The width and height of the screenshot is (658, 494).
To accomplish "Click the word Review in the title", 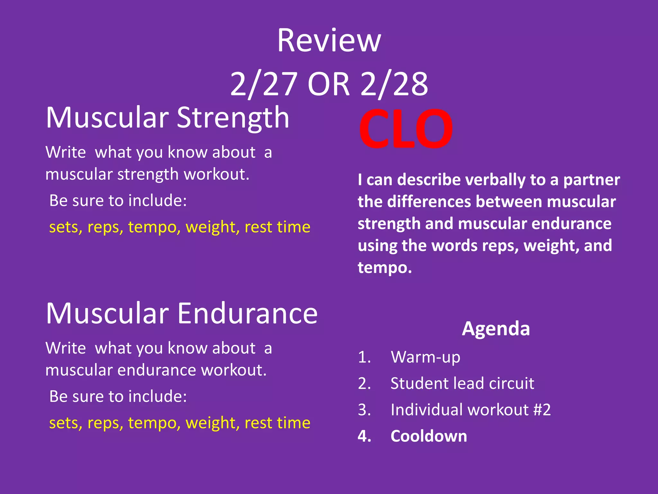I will point(329,41).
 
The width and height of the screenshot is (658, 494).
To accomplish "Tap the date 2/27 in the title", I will point(263,84).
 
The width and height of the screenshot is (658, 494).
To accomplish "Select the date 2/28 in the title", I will point(394,84).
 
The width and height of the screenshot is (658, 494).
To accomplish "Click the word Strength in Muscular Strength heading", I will point(233,118).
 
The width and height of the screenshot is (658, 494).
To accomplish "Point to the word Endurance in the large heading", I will point(247,314).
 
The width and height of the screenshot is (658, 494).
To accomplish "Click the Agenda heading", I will point(496,329).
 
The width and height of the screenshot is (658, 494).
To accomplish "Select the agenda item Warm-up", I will point(425,357).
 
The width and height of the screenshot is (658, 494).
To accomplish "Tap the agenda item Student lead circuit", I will point(462,384).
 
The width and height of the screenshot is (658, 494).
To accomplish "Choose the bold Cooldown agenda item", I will point(429,436).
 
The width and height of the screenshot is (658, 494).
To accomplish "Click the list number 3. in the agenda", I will point(364,410).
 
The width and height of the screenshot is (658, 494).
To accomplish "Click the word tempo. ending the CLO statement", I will point(385,268).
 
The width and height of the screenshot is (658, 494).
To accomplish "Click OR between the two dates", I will point(328,84).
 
